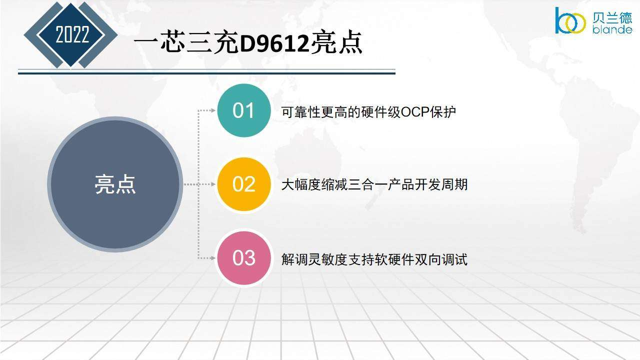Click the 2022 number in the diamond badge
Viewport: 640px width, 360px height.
72,34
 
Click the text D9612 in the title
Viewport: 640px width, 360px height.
275,44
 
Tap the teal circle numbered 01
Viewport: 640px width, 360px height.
243,110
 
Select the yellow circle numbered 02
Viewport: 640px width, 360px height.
243,184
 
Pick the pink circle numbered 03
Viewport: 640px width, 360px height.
243,258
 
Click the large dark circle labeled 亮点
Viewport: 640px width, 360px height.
115,184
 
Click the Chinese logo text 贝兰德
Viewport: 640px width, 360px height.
612,18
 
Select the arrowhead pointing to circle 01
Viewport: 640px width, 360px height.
213,110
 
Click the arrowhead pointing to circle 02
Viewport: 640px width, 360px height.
213,184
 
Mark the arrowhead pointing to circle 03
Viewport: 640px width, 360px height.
213,258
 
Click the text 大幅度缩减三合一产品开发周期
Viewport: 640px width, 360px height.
374,184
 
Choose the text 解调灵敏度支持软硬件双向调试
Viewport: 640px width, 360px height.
374,259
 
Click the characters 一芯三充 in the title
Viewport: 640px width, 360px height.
186,43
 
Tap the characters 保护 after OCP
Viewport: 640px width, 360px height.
443,112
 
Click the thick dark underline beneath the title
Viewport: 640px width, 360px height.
206,73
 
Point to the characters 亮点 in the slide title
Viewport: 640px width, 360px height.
336,42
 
